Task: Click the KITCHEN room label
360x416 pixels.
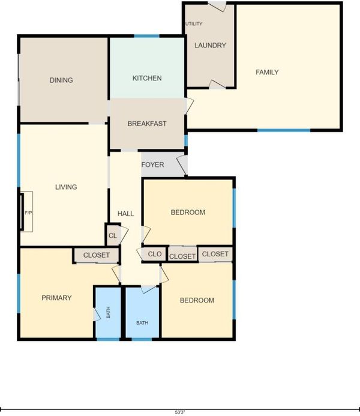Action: (147, 78)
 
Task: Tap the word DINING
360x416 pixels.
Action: (61, 80)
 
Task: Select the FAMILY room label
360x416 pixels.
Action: (267, 72)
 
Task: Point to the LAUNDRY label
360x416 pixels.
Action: (210, 46)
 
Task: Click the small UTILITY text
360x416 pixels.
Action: (194, 23)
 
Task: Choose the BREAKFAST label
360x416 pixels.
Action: (147, 124)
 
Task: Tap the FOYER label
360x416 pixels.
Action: (152, 164)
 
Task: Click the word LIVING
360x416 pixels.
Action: (66, 187)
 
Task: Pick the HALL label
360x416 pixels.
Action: (125, 214)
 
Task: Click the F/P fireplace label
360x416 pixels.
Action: (29, 213)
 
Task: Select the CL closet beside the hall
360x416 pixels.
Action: (113, 235)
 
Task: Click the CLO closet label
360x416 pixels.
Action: (155, 254)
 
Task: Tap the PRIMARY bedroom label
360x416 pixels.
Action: (56, 298)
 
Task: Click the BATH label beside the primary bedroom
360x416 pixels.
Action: (108, 312)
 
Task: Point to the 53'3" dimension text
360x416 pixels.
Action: (180, 412)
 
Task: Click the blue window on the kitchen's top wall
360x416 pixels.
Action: (146, 36)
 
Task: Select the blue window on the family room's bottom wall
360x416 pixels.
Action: (284, 130)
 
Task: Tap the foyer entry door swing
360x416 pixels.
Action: (182, 165)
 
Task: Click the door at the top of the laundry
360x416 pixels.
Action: (217, 7)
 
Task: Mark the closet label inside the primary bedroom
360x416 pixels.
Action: (96, 255)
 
